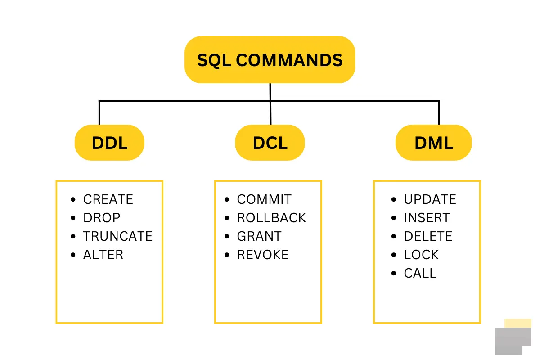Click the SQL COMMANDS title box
tap(270, 60)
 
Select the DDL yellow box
tap(109, 143)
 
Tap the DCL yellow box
tap(270, 143)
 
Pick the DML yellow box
tap(433, 143)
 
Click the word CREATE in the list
tap(108, 199)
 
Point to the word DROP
tap(102, 218)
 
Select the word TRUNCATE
tap(118, 236)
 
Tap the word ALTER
tap(103, 255)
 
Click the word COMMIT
tap(264, 199)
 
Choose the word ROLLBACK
tap(271, 218)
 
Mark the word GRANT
tap(259, 236)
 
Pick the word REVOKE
tap(263, 255)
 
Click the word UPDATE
tap(430, 199)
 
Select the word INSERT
tap(427, 218)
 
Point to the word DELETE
tap(428, 236)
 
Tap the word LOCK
tap(421, 255)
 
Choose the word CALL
tap(420, 273)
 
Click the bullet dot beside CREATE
tap(74, 199)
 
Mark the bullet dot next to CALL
tap(394, 273)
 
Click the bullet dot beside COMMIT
tap(228, 199)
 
